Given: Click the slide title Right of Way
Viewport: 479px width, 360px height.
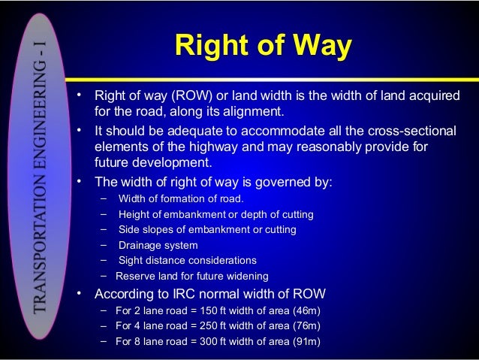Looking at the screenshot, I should (262, 46).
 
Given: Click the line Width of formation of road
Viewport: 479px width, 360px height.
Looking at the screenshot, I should (181, 199).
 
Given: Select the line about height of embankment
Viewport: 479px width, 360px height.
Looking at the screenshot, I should (215, 214).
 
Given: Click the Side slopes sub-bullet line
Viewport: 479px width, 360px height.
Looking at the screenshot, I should (207, 229).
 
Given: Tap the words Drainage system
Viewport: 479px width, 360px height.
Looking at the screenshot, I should (158, 245).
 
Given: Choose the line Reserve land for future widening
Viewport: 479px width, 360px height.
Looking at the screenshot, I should (191, 276).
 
